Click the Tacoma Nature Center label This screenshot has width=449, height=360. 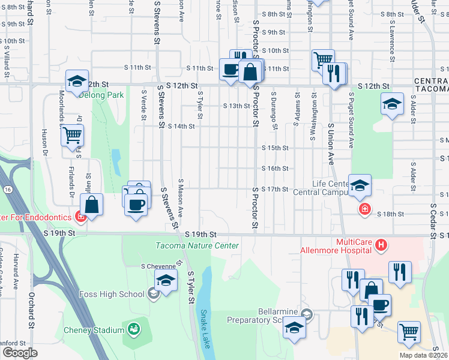[x=197, y=245]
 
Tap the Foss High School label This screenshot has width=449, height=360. [x=112, y=294]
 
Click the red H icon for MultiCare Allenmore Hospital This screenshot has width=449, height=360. [x=381, y=245]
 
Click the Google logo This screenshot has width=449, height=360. [x=20, y=353]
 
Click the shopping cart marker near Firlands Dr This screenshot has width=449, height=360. [x=72, y=136]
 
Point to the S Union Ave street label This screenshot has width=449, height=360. [x=330, y=144]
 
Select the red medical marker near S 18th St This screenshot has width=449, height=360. [x=364, y=209]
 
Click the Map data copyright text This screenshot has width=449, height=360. [x=423, y=355]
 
